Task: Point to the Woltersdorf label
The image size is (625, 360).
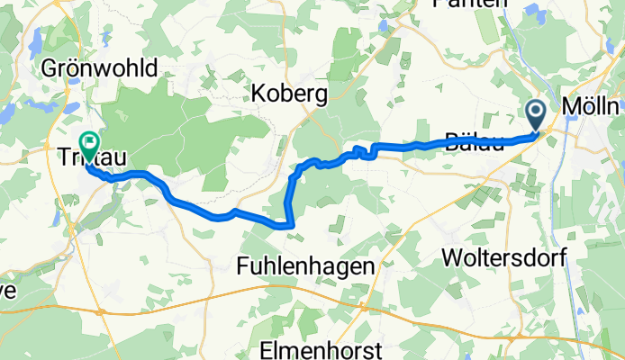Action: click(504, 257)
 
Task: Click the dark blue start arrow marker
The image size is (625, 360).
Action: click(536, 113)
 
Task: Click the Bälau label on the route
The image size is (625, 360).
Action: click(473, 141)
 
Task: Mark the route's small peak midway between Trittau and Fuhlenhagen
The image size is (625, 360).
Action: click(233, 211)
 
